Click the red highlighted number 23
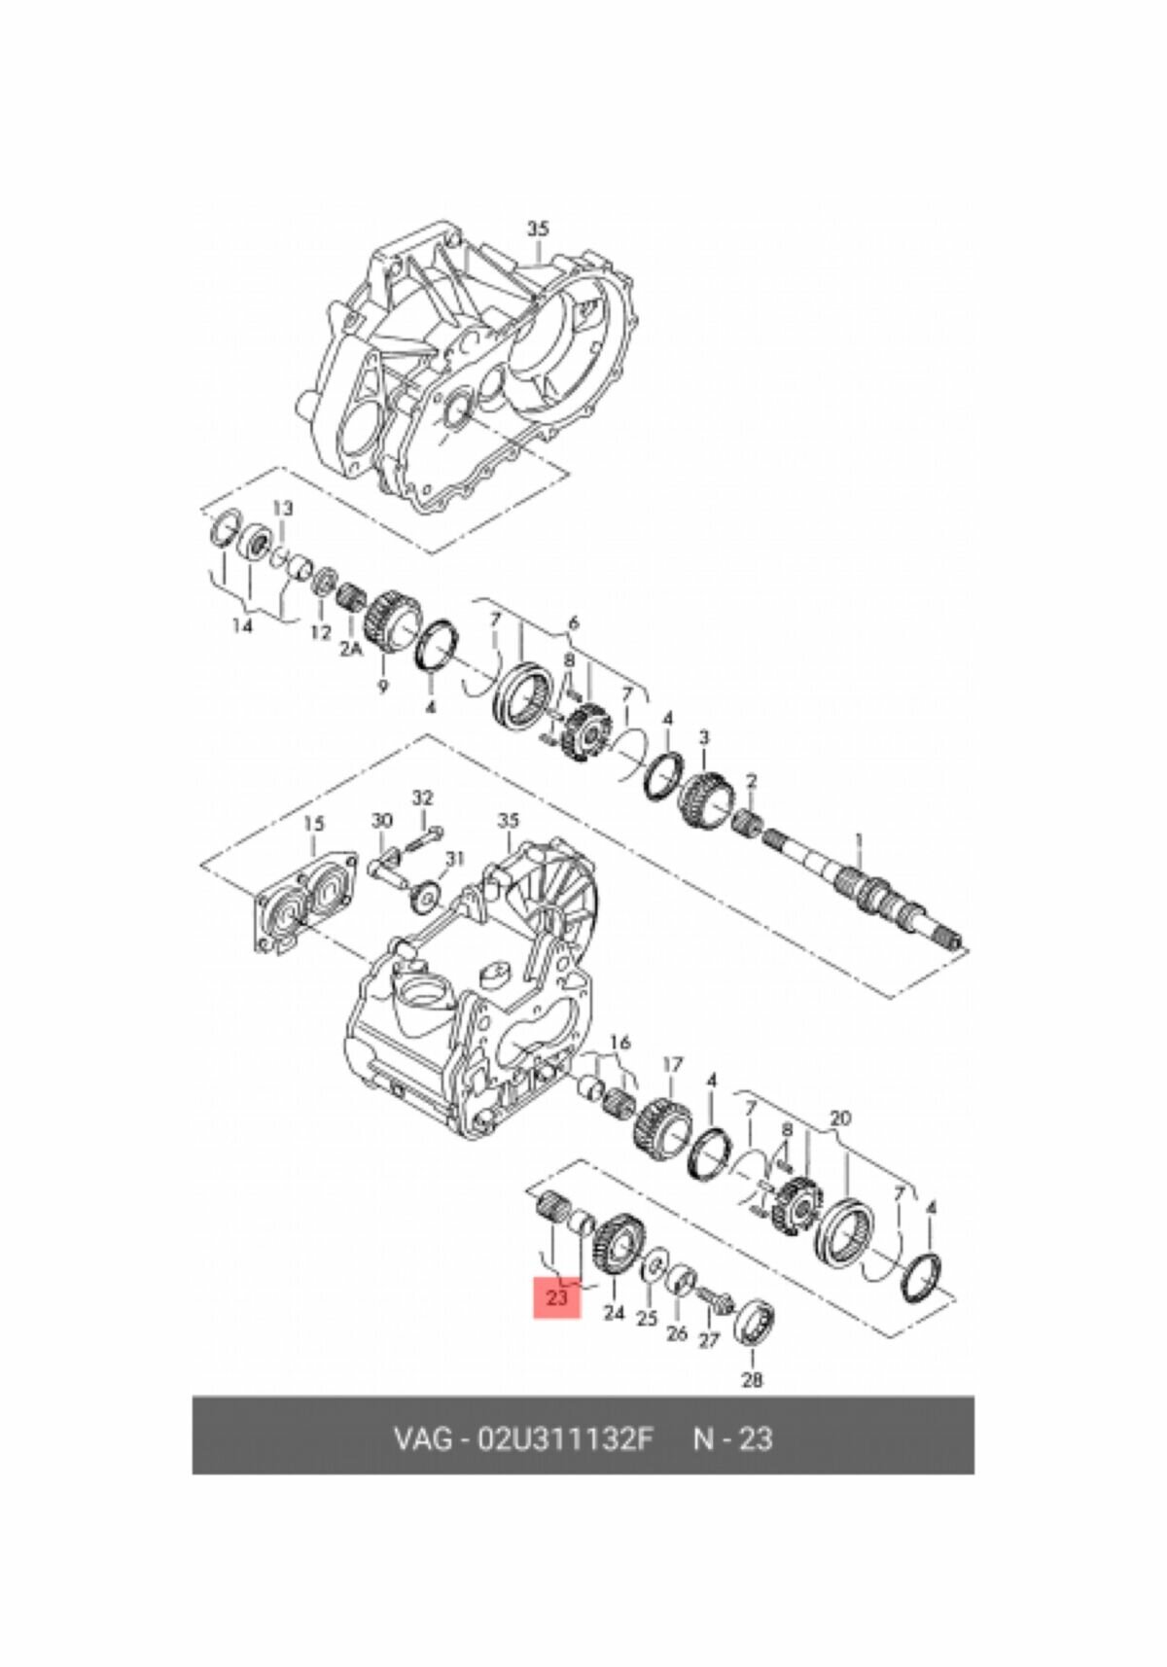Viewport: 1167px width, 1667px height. tap(556, 1297)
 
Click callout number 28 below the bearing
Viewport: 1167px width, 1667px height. tap(752, 1378)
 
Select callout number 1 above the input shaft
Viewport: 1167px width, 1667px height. tap(858, 838)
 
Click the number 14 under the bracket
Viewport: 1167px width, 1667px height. tap(242, 625)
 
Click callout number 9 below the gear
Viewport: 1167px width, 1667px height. tap(381, 687)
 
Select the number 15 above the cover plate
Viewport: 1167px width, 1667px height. tap(312, 824)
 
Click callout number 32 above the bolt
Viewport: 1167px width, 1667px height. tap(421, 798)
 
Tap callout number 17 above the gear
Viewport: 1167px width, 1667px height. tap(673, 1065)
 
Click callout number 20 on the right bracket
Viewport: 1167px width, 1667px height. tap(840, 1118)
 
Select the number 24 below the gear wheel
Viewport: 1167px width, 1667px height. tap(613, 1313)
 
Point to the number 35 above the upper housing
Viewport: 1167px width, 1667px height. tap(538, 229)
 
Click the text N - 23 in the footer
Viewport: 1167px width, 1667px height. tap(732, 1437)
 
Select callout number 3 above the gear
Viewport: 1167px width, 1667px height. tap(703, 736)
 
